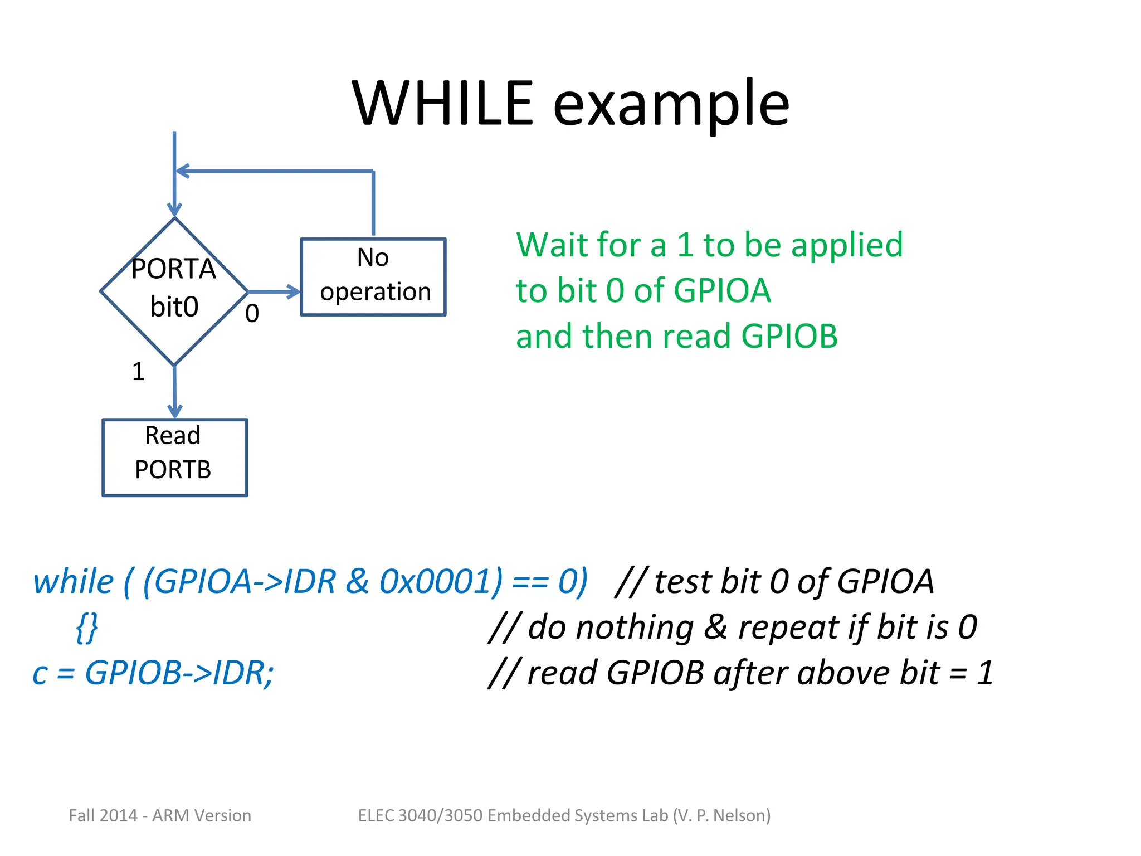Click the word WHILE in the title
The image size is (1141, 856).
443,104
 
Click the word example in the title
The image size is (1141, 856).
671,106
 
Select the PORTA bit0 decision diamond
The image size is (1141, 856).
174,291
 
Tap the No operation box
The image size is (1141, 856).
373,276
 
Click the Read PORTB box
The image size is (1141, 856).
174,457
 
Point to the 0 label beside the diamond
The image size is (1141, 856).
252,314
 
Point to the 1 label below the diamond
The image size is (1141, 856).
138,372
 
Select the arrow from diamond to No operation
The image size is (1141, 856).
274,291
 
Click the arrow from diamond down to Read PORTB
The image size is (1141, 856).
174,392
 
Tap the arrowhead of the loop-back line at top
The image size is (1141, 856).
182,171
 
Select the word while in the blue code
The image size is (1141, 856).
73,581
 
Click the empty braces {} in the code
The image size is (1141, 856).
87,628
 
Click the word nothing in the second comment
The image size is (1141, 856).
635,628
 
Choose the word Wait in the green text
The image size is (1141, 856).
551,245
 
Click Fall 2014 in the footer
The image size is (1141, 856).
103,815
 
